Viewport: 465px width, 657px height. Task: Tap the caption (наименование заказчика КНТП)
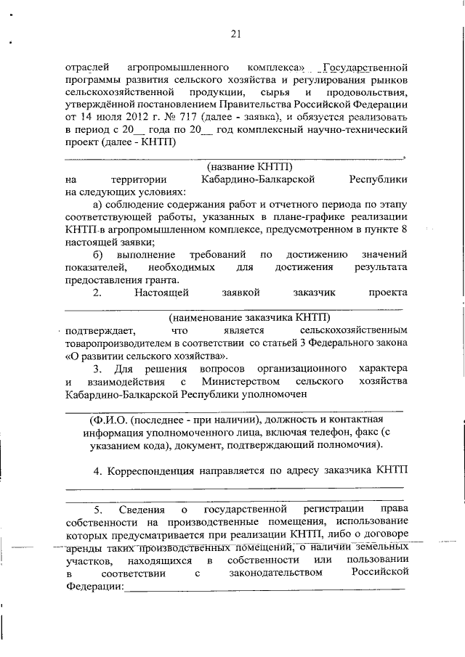pos(248,317)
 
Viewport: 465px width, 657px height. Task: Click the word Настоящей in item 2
pos(161,293)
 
